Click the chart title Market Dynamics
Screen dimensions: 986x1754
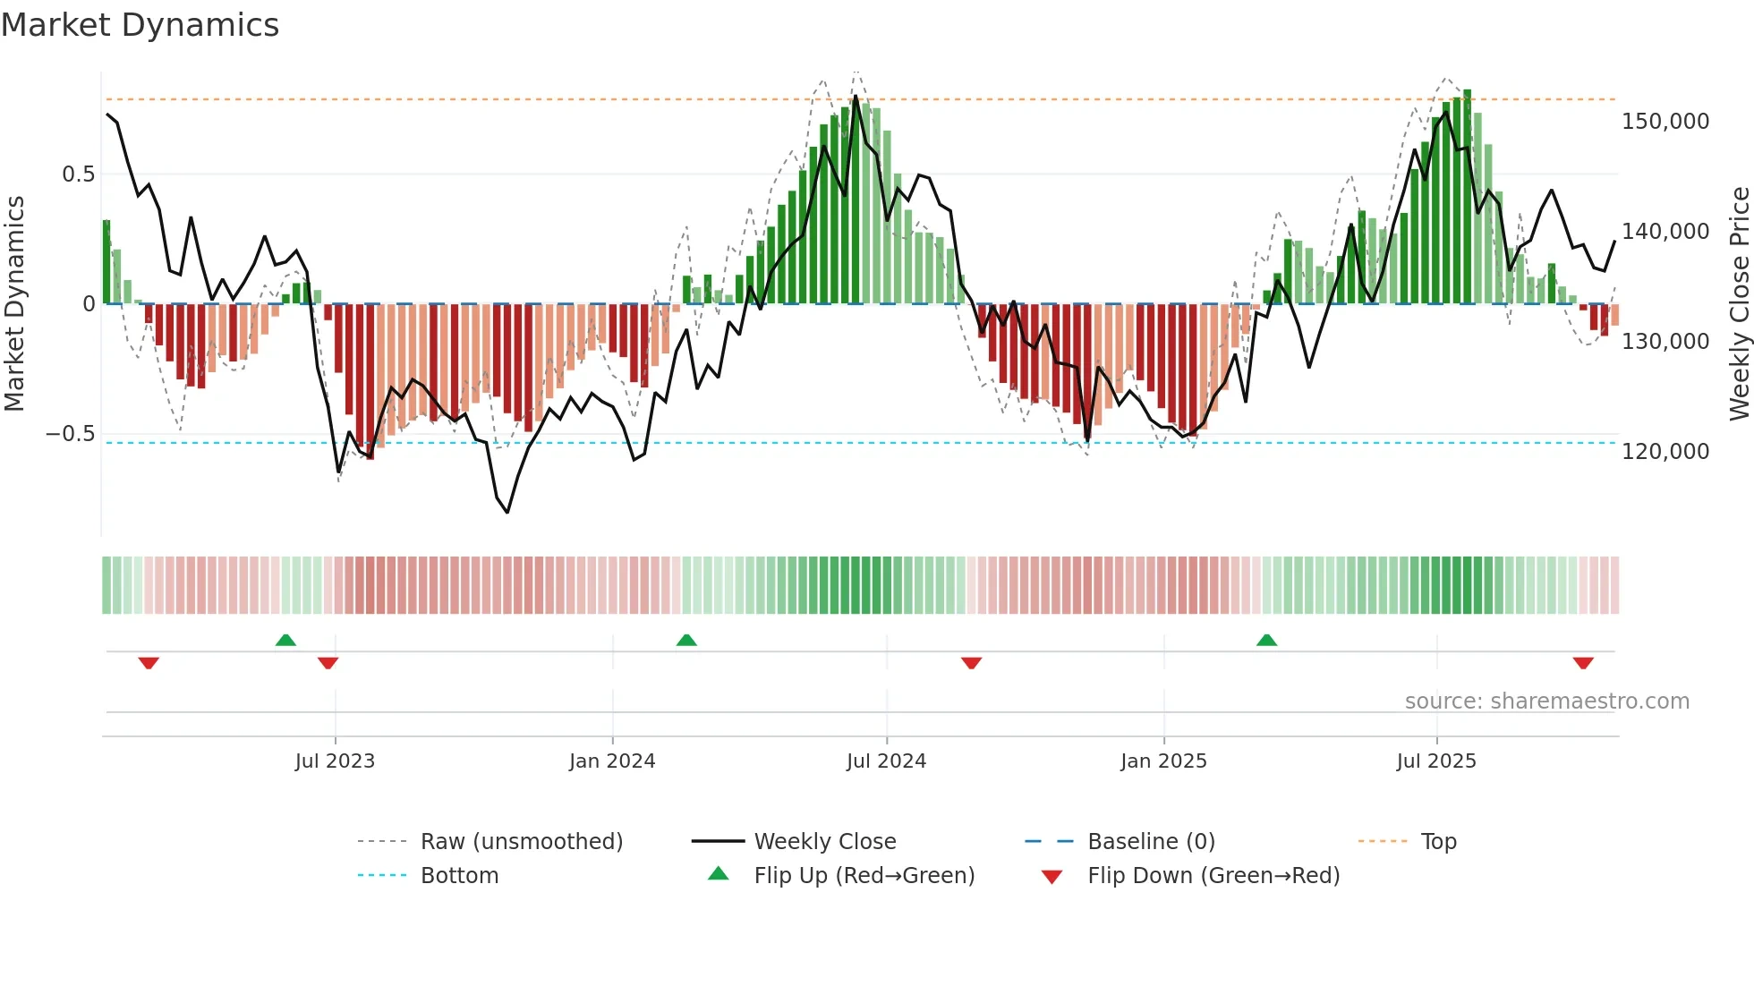tap(140, 25)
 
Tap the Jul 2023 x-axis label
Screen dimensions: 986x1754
tap(335, 761)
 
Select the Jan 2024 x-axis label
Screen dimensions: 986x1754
tap(612, 761)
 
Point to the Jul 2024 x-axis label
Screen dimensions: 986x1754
tap(886, 761)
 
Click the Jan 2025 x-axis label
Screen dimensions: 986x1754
tap(1163, 761)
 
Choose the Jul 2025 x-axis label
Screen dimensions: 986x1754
tap(1436, 761)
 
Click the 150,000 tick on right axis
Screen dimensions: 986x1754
tap(1665, 122)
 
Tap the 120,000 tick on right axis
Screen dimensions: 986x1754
tap(1665, 452)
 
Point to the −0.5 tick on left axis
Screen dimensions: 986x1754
tap(70, 434)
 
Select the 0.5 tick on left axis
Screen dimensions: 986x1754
tap(78, 174)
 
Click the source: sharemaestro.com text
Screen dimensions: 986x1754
tap(1546, 701)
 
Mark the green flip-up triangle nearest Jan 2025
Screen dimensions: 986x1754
tap(1266, 641)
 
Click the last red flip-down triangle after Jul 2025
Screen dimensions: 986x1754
tap(1583, 663)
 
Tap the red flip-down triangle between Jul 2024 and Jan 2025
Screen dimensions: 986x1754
tap(971, 663)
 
